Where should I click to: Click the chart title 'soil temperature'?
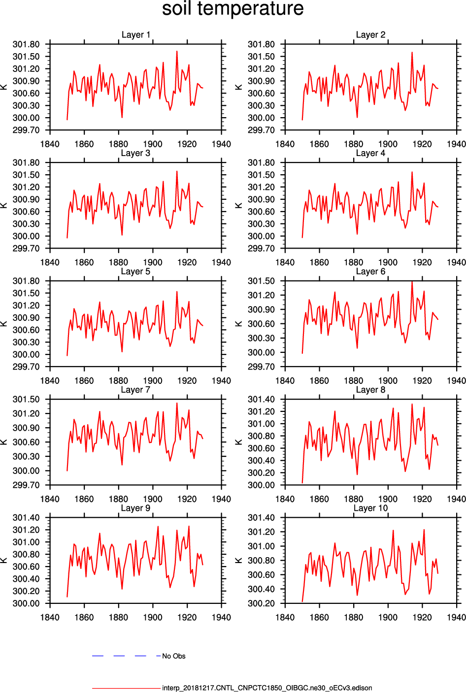point(233,9)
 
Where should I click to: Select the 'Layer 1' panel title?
point(136,35)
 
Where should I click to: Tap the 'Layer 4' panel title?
point(370,153)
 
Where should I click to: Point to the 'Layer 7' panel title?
point(135,390)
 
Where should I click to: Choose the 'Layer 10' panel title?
point(370,508)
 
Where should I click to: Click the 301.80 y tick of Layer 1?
point(26,44)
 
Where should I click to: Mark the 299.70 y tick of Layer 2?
point(261,130)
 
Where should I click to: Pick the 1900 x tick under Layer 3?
point(153,262)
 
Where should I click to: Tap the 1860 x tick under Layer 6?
point(319,380)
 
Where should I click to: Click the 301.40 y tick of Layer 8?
point(261,399)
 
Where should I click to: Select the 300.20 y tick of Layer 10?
point(261,603)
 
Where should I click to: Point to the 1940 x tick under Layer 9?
point(221,617)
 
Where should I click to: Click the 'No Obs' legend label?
point(174,656)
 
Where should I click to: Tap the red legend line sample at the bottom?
point(126,688)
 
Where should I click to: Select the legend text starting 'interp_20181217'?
point(267,688)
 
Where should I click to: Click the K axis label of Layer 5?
point(4,324)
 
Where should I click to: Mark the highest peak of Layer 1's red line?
point(177,51)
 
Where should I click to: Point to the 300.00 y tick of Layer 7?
point(26,471)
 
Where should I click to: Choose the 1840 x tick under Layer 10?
point(285,617)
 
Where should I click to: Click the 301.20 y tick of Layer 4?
point(261,187)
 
